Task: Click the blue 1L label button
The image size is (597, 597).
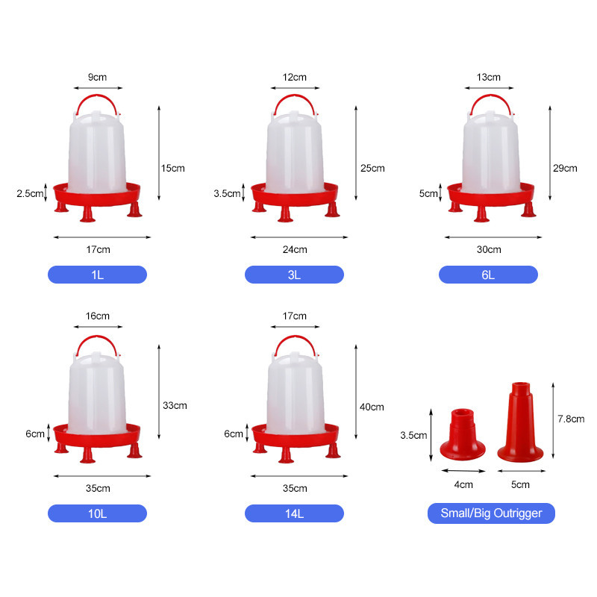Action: [97, 275]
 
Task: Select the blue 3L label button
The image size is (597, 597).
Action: [294, 275]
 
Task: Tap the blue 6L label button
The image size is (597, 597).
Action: [488, 275]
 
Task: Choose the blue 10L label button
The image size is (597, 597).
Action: [97, 513]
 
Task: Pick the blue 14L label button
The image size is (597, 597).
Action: [294, 513]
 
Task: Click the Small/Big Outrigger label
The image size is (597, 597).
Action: [491, 513]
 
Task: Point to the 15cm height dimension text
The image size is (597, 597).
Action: [173, 169]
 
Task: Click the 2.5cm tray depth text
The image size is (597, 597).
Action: [30, 193]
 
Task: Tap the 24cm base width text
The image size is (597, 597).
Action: [295, 249]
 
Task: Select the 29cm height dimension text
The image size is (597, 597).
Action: [565, 169]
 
